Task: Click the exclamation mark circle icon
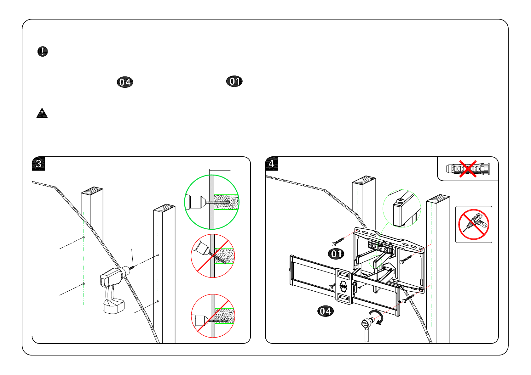coord(43,51)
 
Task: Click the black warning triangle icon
coord(42,113)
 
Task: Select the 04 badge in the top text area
coord(125,82)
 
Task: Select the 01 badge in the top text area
coord(235,81)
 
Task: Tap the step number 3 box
coord(38,164)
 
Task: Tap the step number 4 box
coord(272,164)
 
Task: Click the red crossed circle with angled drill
coord(213,256)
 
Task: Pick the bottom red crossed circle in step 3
coord(213,316)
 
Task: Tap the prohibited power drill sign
coord(473,225)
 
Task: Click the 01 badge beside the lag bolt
coord(336,254)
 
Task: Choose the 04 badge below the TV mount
coord(325,311)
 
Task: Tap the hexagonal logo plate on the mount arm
coord(343,286)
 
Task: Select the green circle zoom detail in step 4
coord(401,208)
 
